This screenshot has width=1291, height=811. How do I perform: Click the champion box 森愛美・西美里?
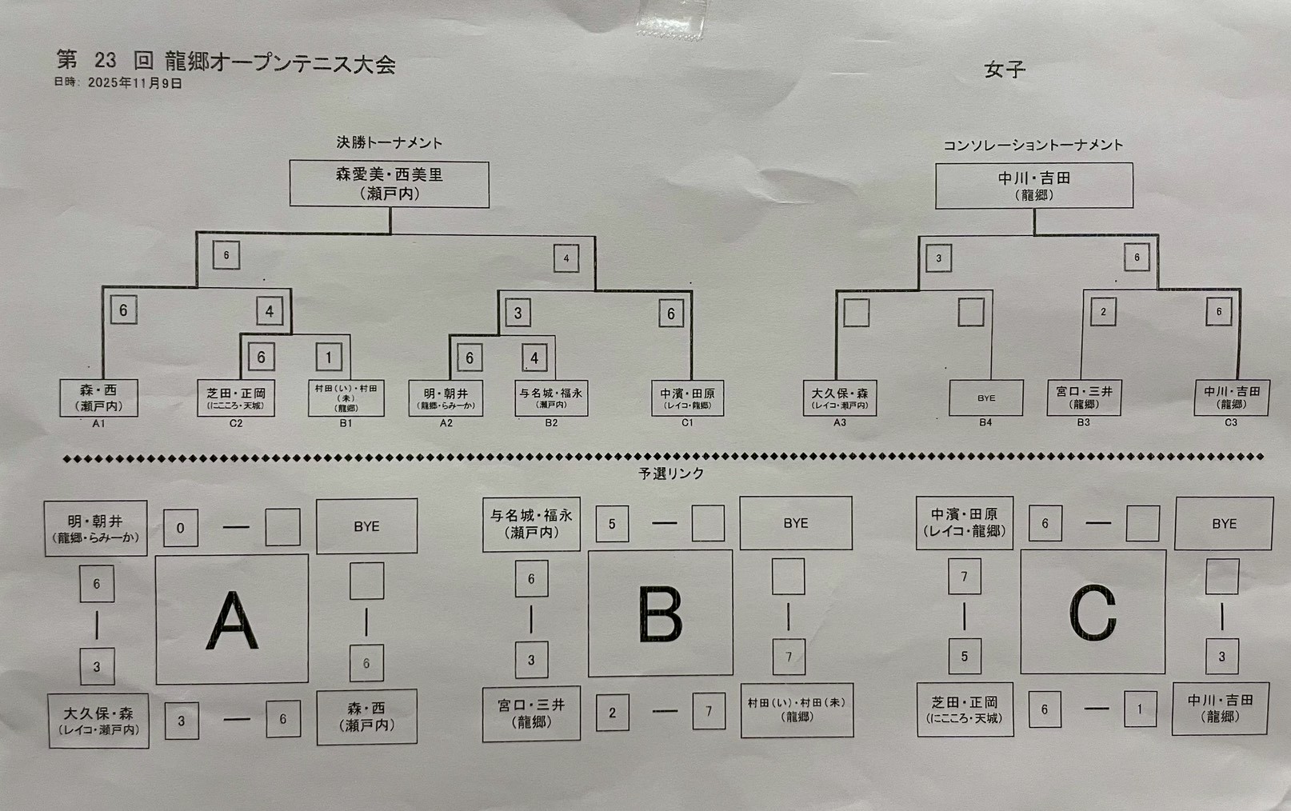(389, 184)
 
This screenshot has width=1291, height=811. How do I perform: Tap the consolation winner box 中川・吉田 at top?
(1033, 186)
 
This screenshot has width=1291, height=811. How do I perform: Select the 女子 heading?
(1004, 70)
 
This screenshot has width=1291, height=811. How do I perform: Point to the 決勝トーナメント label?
(389, 143)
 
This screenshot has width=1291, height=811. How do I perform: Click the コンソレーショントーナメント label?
(1033, 146)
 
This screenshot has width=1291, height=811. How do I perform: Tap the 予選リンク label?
(670, 473)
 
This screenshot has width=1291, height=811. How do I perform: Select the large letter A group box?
(232, 619)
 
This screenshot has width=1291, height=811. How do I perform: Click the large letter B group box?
(660, 613)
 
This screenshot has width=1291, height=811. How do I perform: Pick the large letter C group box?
(1093, 612)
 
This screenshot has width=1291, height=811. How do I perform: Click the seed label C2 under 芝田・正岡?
(235, 423)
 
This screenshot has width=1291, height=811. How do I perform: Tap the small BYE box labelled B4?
(985, 398)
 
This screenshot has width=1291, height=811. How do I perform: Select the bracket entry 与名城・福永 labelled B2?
(551, 398)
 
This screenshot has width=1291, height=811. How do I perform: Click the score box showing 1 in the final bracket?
(328, 357)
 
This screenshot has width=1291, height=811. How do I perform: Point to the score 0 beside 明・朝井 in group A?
(180, 528)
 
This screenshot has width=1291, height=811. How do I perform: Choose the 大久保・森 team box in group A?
(98, 721)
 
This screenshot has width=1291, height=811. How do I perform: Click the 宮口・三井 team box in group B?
(531, 713)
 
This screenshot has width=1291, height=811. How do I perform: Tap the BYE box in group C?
(1223, 523)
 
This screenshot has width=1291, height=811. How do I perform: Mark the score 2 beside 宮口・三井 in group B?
(612, 712)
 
